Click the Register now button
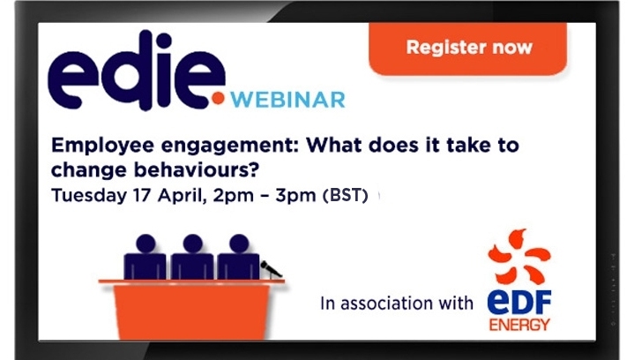pos(468,49)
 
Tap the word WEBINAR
pos(287,101)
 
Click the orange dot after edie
pos(219,99)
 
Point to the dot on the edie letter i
pos(164,41)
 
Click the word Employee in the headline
pos(102,146)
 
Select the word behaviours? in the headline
pos(196,170)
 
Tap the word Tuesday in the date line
pos(89,196)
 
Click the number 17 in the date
pos(141,195)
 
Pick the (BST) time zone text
pos(346,195)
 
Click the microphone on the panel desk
pos(271,269)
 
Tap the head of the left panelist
pos(146,244)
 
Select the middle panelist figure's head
pos(192,244)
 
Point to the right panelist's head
pos(239,244)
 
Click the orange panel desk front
pos(191,311)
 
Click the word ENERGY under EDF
pos(519,325)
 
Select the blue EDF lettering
pos(519,302)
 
